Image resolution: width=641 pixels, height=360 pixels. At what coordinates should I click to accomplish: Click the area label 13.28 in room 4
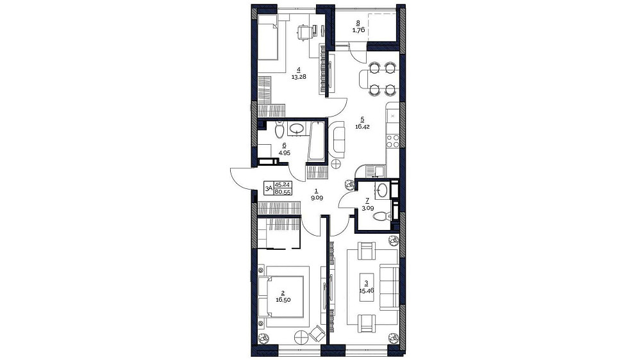[x=299, y=76]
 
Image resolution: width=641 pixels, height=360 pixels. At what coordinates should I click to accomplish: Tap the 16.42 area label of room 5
[x=362, y=127]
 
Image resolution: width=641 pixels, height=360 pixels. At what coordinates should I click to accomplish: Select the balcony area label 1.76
[x=358, y=30]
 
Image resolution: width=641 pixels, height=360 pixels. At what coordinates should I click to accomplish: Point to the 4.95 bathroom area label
[x=284, y=153]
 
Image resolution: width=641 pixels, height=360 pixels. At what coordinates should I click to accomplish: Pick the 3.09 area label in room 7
[x=367, y=208]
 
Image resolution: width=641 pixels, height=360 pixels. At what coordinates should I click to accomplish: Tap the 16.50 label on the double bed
[x=283, y=300]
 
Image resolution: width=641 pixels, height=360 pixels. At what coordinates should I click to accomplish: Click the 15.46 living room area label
[x=366, y=291]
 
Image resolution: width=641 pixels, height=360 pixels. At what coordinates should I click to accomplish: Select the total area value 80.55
[x=283, y=192]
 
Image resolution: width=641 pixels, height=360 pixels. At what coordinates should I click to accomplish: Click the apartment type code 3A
[x=269, y=188]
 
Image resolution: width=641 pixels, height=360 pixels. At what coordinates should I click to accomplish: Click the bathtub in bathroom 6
[x=317, y=141]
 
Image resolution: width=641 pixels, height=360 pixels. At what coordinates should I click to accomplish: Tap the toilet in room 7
[x=382, y=216]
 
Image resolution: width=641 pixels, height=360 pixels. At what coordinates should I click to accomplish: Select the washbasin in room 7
[x=383, y=190]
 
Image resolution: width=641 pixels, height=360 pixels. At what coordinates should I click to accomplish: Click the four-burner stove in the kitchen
[x=393, y=141]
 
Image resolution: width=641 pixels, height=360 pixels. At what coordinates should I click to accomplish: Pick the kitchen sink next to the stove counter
[x=375, y=170]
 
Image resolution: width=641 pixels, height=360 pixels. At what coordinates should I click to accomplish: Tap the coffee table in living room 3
[x=367, y=286]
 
